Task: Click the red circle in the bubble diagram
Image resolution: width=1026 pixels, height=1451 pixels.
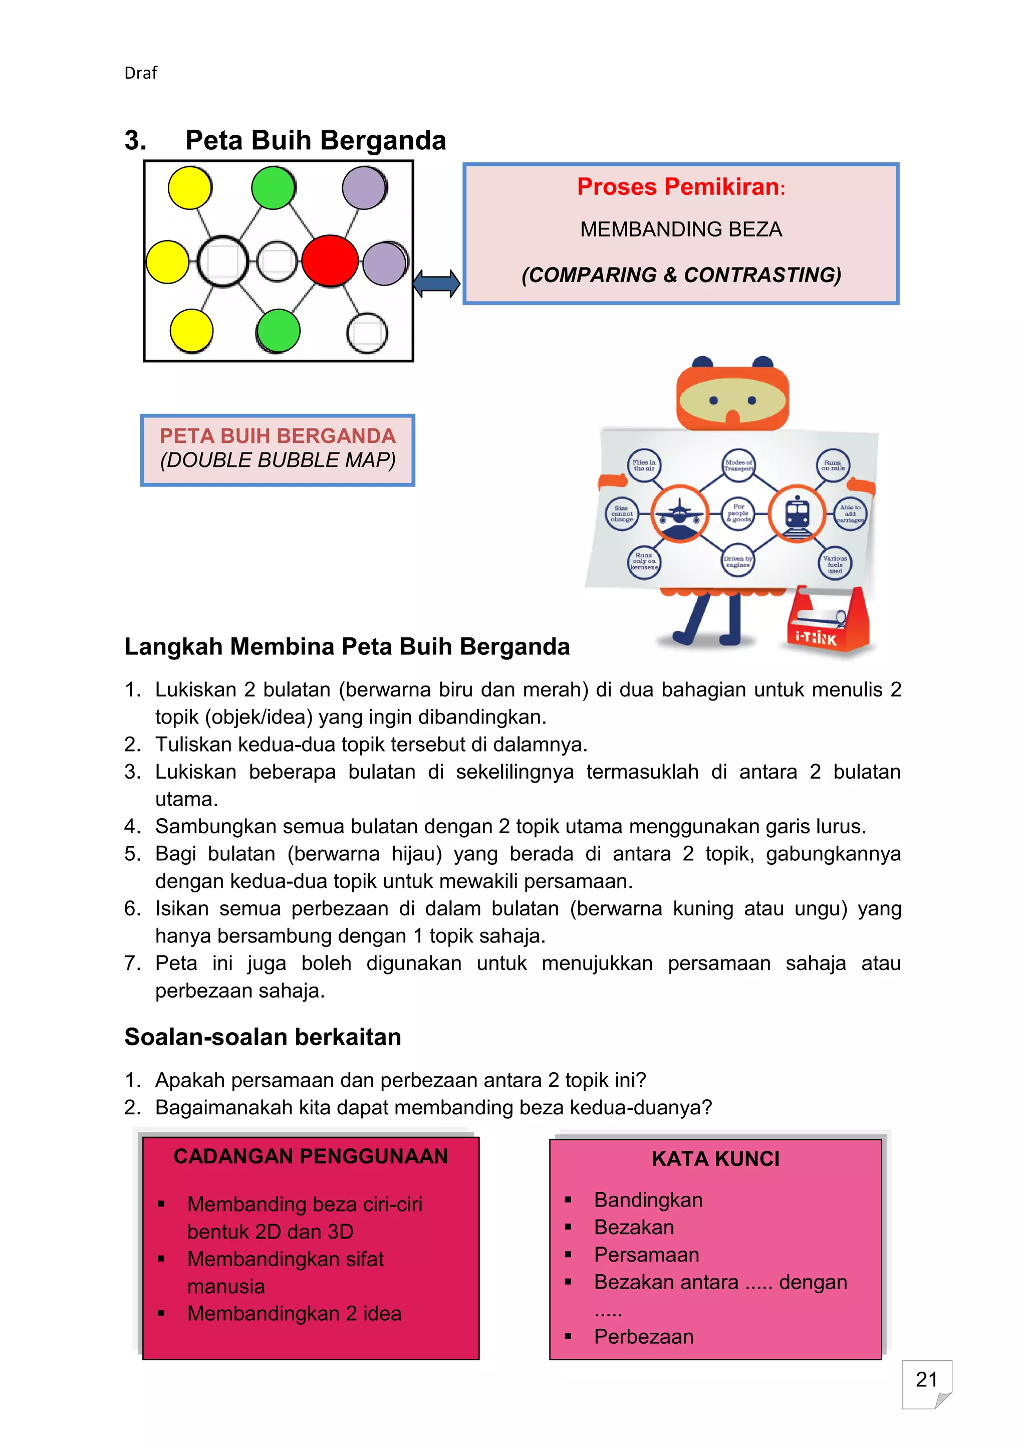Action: pyautogui.click(x=330, y=261)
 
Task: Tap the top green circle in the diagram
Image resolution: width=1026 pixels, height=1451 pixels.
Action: pyautogui.click(x=273, y=188)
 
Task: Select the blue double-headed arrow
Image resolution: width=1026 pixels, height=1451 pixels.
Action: pyautogui.click(x=436, y=283)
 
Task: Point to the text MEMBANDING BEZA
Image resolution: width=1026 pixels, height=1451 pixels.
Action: pyautogui.click(x=680, y=229)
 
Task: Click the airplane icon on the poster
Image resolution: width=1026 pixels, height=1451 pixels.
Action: pyautogui.click(x=679, y=514)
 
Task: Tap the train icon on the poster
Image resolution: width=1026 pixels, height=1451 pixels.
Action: pyautogui.click(x=797, y=514)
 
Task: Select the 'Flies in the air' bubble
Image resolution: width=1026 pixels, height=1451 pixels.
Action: pyautogui.click(x=644, y=466)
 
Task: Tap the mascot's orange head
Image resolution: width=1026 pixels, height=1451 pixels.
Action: pyautogui.click(x=732, y=395)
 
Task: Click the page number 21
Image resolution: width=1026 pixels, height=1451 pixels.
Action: pyautogui.click(x=926, y=1379)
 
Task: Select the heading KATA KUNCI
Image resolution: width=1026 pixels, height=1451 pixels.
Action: pyautogui.click(x=715, y=1158)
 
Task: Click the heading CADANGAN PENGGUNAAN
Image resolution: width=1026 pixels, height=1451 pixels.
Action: pyautogui.click(x=310, y=1156)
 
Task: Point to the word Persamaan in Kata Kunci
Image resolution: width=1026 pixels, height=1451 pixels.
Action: pyautogui.click(x=646, y=1255)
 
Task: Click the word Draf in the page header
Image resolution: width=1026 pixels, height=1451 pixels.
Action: pyautogui.click(x=140, y=73)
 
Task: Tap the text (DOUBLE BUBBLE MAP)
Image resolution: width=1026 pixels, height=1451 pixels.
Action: pyautogui.click(x=278, y=460)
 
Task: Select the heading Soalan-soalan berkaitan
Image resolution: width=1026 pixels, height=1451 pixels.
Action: pyautogui.click(x=263, y=1037)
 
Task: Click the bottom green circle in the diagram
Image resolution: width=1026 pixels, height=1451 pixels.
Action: pyautogui.click(x=278, y=331)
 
